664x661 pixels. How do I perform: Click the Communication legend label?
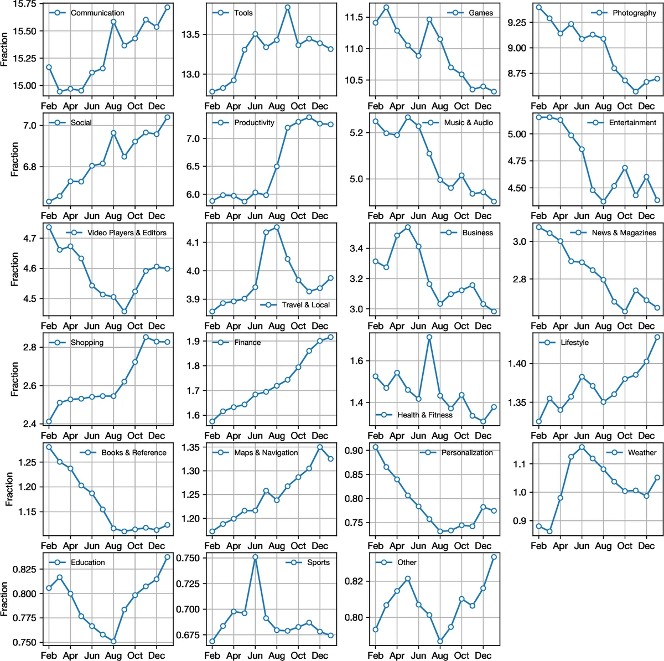(97, 13)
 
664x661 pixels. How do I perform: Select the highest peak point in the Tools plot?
(288, 8)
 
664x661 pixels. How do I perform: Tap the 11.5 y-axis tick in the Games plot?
(354, 17)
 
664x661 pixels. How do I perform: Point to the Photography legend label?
(634, 13)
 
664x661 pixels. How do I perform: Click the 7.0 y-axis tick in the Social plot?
(29, 126)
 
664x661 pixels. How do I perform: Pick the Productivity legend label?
(254, 122)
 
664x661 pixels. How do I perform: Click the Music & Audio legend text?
(468, 122)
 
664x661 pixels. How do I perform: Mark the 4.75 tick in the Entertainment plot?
(517, 161)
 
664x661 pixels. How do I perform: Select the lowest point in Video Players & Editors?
(124, 312)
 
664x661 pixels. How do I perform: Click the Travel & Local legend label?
(305, 304)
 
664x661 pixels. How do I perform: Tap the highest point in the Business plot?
(408, 228)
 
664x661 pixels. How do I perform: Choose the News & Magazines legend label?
(624, 233)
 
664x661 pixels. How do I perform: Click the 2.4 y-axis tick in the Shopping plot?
(29, 424)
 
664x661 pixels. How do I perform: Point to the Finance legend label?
(247, 343)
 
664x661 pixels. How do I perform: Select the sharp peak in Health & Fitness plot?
(429, 337)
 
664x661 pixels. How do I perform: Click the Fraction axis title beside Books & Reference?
(9, 489)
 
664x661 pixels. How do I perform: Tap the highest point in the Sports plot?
(255, 557)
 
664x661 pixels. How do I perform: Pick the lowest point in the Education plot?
(113, 642)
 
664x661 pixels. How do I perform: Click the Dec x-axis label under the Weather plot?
(646, 546)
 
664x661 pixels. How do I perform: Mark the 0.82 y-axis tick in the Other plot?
(354, 581)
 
